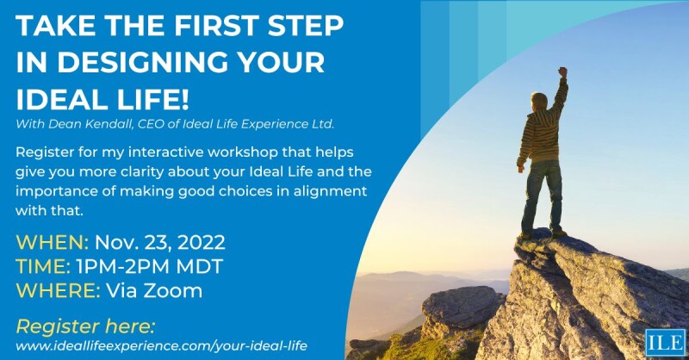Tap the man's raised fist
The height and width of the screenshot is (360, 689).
tap(562, 72)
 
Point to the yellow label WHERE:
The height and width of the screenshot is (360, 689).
tap(56, 290)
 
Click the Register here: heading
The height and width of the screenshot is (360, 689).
tap(85, 326)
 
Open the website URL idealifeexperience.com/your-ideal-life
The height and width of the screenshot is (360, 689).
tap(161, 345)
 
